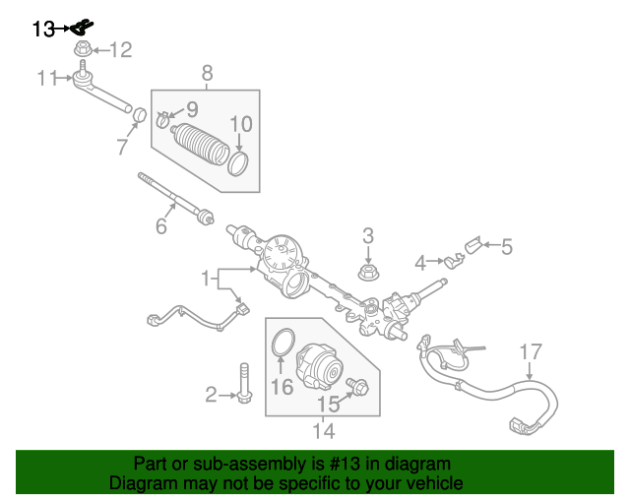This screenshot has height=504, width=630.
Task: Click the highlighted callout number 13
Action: (x=43, y=30)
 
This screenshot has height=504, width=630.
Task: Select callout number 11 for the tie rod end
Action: (x=48, y=78)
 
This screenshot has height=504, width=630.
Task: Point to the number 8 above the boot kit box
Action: (x=207, y=72)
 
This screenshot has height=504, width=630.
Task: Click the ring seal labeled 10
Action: (x=238, y=161)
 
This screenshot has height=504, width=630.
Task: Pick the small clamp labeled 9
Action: (x=163, y=122)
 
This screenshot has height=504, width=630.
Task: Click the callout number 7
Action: (x=122, y=148)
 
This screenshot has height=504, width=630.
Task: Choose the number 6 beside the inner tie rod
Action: (x=161, y=226)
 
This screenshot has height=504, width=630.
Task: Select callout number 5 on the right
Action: (x=507, y=247)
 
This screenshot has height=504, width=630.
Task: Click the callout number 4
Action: (x=420, y=263)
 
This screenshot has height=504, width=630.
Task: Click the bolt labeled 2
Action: (x=243, y=383)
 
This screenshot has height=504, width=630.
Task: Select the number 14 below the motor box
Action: (x=323, y=430)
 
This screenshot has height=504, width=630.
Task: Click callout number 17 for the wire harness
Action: (x=531, y=351)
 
